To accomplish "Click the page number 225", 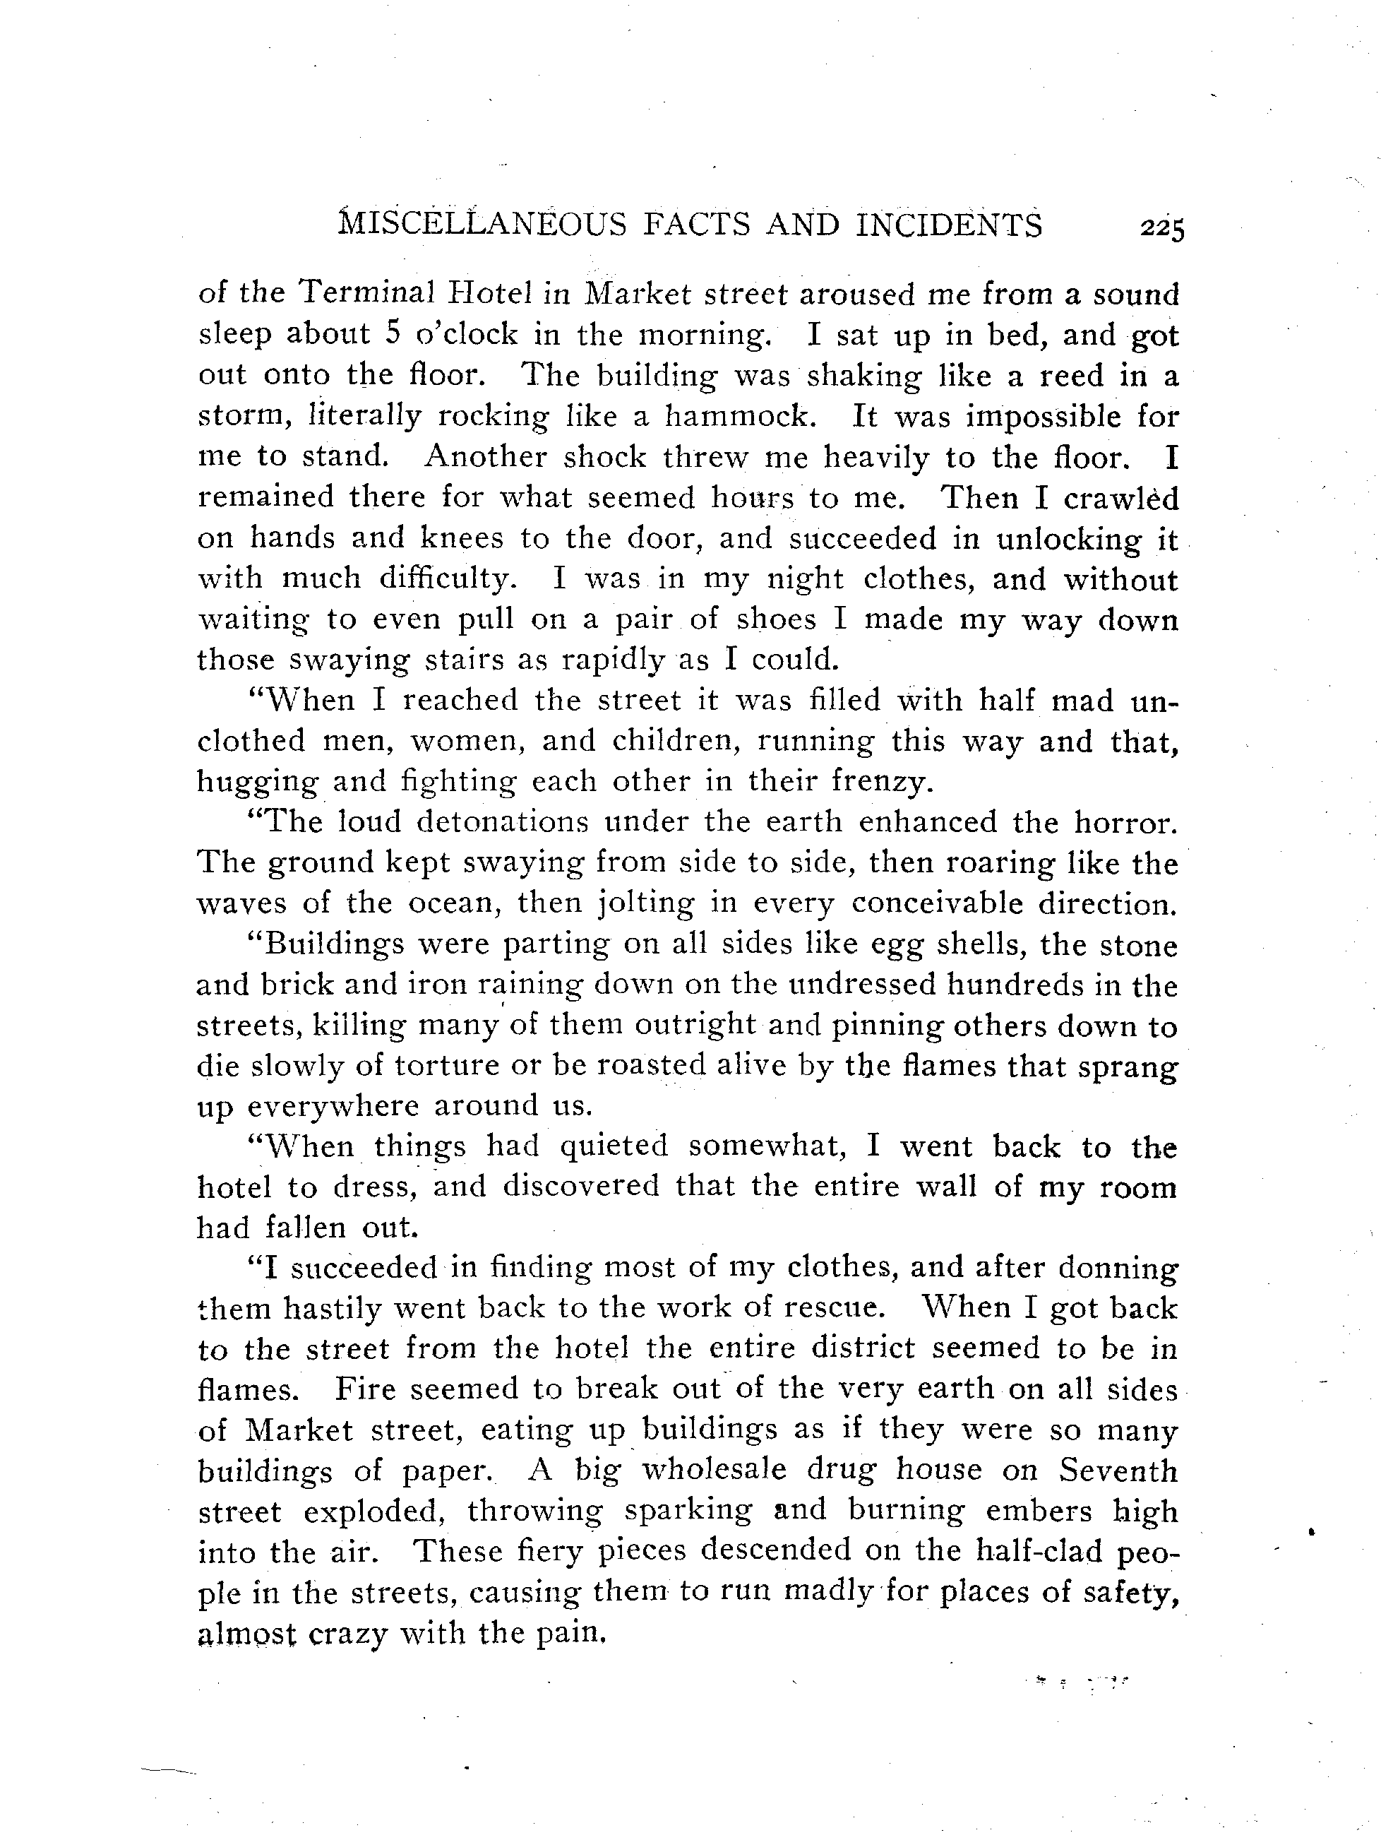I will point(1162,229).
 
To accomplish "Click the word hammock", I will point(736,415).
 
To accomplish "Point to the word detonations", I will point(502,822).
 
